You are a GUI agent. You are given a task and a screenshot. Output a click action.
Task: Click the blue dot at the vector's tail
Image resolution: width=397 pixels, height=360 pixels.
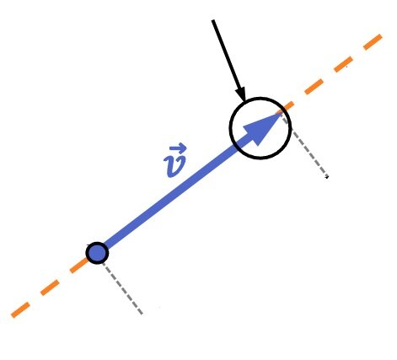(97, 253)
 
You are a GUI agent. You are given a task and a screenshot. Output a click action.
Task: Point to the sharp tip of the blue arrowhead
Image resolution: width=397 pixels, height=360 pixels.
(282, 113)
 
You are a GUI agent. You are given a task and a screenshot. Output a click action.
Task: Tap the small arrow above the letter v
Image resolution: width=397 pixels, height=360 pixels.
(178, 148)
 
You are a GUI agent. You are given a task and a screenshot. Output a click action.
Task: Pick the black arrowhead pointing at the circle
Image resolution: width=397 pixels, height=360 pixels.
(241, 94)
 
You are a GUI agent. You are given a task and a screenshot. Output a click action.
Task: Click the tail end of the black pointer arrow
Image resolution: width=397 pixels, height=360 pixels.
(213, 20)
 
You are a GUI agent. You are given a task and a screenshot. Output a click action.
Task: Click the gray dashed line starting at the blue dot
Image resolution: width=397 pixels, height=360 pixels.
(123, 288)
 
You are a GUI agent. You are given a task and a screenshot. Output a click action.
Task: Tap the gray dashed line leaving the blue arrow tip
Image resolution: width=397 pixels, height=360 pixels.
(305, 145)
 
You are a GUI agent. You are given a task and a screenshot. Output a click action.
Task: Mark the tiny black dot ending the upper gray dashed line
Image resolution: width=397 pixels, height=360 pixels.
(327, 177)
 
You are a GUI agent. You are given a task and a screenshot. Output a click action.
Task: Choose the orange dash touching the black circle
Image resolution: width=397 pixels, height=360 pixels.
(289, 106)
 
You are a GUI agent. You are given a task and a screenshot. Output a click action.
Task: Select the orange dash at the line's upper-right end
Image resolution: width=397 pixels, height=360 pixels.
(373, 42)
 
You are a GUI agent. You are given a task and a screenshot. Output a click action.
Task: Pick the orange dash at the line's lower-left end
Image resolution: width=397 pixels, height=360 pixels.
(20, 310)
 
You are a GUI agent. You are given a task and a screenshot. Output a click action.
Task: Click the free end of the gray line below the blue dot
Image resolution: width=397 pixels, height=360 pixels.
(142, 314)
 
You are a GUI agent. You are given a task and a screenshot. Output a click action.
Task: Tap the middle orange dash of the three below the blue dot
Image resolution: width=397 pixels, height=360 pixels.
(50, 287)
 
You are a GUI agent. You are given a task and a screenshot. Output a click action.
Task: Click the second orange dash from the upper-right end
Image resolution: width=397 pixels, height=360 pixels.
(343, 64)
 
